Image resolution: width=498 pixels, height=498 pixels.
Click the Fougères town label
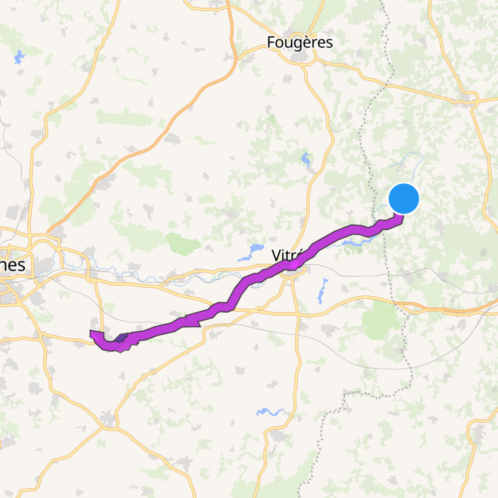(x=300, y=42)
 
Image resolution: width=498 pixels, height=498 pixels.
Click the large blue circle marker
(x=404, y=199)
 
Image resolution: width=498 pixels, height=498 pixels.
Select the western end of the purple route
(x=93, y=334)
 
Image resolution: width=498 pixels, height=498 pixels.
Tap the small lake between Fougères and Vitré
(x=305, y=159)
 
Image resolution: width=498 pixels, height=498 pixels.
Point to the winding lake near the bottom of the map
(x=268, y=412)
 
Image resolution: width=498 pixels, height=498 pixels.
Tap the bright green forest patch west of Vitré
(x=183, y=244)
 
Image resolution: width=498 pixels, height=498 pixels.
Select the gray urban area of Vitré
(x=292, y=272)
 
